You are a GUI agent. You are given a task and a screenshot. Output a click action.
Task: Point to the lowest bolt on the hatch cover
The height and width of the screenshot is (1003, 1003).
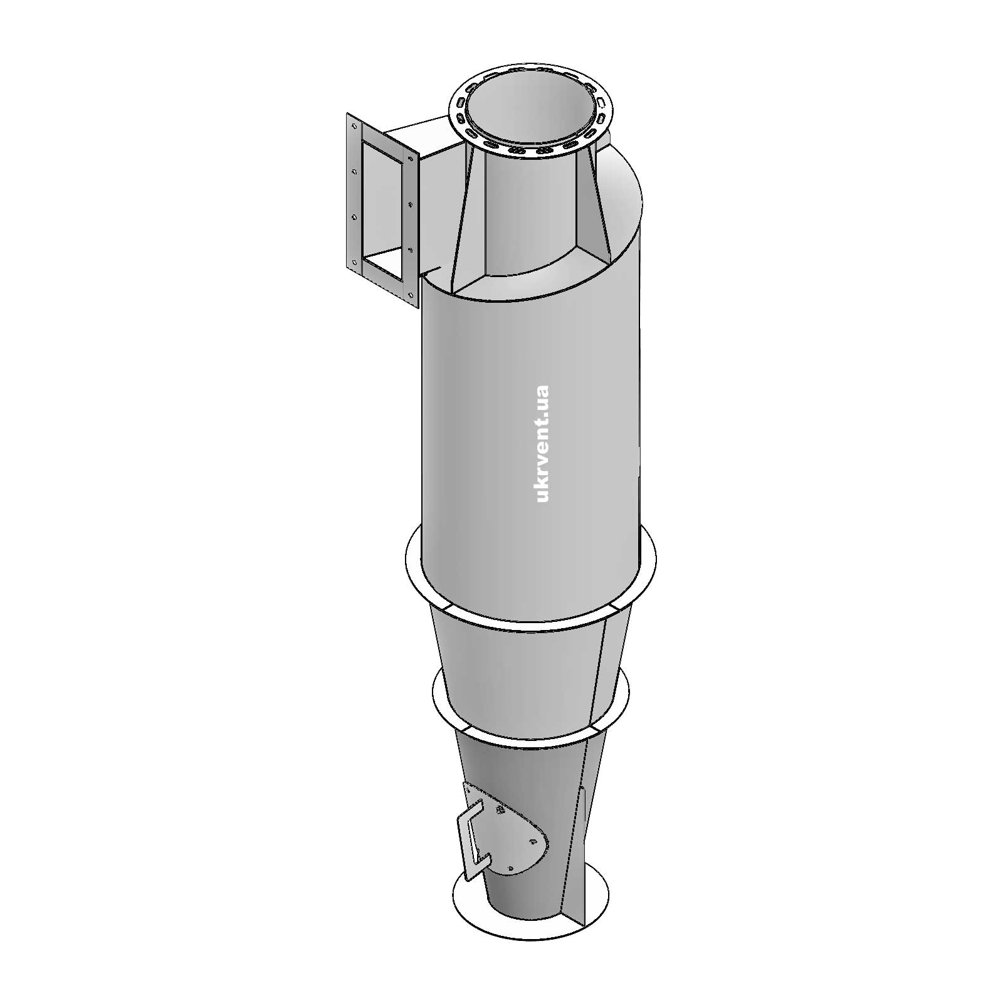tap(511, 868)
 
